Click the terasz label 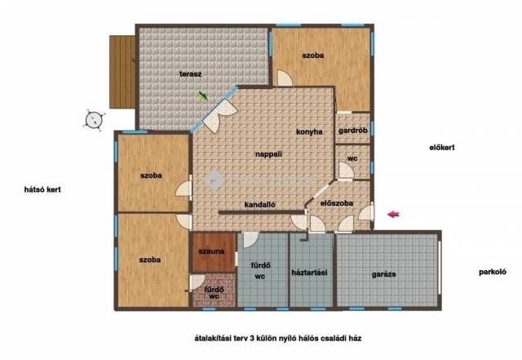[x=190, y=74]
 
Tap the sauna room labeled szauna [x=214, y=252]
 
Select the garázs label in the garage [x=384, y=274]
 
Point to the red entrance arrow [x=393, y=215]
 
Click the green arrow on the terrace [x=202, y=96]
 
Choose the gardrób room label [x=353, y=131]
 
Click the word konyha [x=309, y=132]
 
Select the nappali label [x=268, y=154]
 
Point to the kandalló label [x=259, y=205]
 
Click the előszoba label [x=337, y=203]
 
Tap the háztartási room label [x=309, y=273]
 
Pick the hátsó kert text [x=42, y=189]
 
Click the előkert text [x=442, y=147]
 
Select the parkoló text [x=493, y=272]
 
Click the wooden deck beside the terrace [x=122, y=72]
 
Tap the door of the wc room [x=346, y=170]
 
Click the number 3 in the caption [x=251, y=338]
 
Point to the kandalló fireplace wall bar [x=262, y=212]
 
